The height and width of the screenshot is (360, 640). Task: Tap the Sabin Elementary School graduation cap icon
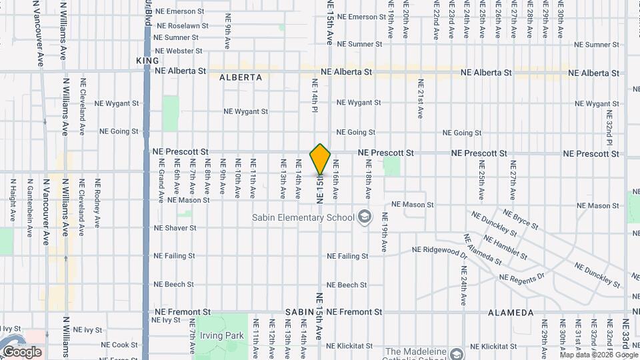364,217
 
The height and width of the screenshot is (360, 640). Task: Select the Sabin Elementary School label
303,217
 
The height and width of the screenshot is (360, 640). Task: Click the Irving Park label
225,335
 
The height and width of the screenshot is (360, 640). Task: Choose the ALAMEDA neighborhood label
511,312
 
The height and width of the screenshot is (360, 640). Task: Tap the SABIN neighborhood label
299,312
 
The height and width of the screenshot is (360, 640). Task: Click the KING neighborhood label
147,61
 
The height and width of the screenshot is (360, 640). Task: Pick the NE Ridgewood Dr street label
439,250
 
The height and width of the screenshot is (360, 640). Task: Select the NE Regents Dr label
522,277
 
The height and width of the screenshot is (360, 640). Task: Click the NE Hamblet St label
505,247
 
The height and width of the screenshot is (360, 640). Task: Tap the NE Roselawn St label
182,25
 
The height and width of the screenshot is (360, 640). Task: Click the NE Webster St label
178,51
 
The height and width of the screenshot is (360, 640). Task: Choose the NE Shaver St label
175,228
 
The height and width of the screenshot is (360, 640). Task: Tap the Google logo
22,352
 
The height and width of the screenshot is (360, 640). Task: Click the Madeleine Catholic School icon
457,353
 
